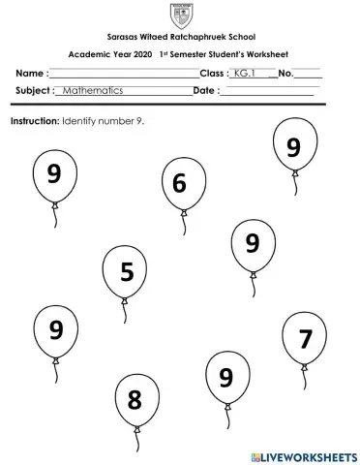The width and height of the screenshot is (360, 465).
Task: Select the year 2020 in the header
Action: [139, 55]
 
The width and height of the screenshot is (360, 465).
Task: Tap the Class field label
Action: [213, 74]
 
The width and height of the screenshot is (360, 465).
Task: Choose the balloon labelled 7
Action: [305, 338]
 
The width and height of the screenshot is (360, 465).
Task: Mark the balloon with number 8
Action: [135, 398]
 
